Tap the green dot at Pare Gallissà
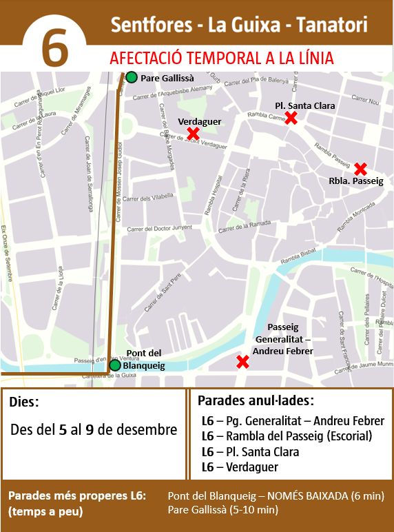(x=132, y=77)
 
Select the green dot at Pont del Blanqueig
(x=115, y=365)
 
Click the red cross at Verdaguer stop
(x=194, y=133)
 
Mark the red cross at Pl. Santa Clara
(x=291, y=118)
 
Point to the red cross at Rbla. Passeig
(x=360, y=169)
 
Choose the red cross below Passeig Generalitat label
(x=242, y=362)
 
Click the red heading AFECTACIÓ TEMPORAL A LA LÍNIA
(x=221, y=58)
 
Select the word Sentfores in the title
(x=150, y=26)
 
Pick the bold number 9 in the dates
(x=90, y=429)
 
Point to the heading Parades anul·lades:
(x=256, y=400)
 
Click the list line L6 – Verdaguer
(x=240, y=467)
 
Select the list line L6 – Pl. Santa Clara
(x=250, y=452)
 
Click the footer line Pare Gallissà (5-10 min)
(x=223, y=510)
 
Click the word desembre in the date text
(x=147, y=429)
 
